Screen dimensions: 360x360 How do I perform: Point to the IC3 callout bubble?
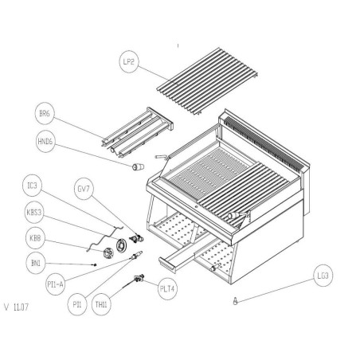33,188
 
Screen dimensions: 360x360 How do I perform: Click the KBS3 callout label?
33,213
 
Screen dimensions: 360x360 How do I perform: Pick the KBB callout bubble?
35,237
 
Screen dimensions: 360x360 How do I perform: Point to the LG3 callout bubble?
323,277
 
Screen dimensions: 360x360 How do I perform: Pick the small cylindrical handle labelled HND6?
136,166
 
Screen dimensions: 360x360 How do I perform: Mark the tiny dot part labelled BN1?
95,264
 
